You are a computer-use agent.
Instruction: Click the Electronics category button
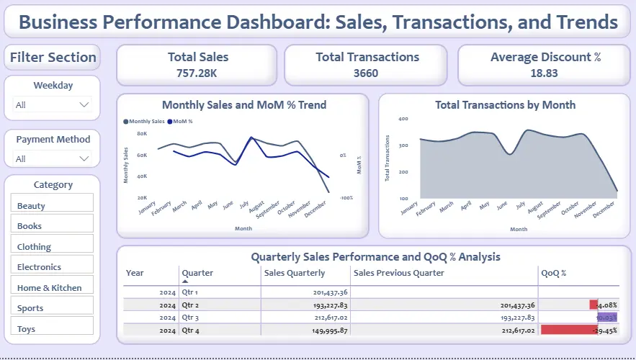tap(52, 266)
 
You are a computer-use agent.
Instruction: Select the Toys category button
tap(52, 328)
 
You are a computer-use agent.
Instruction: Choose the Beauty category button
tap(52, 205)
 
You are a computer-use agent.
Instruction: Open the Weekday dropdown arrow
tap(84, 105)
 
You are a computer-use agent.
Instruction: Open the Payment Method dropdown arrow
tap(84, 159)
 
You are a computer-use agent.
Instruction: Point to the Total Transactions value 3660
tap(366, 73)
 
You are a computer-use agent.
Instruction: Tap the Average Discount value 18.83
tap(545, 73)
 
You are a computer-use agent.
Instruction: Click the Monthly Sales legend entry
tap(145, 122)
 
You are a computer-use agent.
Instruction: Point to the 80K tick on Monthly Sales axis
tap(142, 134)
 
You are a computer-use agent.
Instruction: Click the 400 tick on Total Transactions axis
tap(403, 119)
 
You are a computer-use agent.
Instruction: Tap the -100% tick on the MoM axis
tap(346, 197)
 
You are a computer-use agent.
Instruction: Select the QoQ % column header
tap(554, 273)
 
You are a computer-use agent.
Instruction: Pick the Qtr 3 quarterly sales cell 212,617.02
tap(321, 317)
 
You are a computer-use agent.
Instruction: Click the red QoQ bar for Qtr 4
tap(569, 329)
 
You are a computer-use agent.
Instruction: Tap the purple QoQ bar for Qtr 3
tap(607, 317)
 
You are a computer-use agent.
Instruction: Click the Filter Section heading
tap(53, 58)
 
